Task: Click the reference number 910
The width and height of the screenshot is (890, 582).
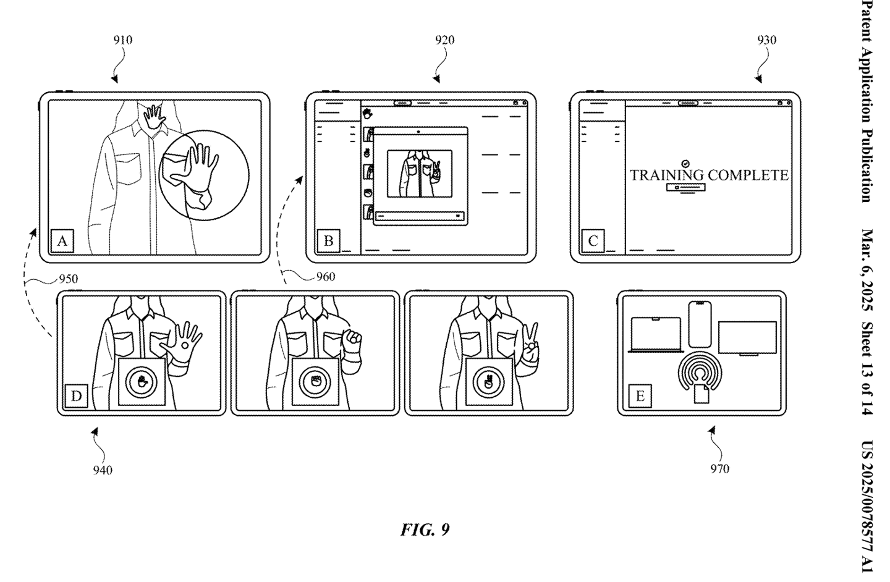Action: click(123, 40)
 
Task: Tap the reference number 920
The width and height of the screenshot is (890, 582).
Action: click(444, 40)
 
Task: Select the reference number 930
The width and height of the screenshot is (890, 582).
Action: click(766, 40)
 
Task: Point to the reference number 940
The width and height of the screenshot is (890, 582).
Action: click(103, 470)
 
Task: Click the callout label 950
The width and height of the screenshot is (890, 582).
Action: click(69, 279)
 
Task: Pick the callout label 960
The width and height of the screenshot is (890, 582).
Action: click(326, 277)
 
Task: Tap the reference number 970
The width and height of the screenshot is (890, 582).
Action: click(720, 469)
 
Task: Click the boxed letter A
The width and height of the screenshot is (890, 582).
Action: click(62, 241)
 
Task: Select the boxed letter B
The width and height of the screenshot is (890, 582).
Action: click(329, 241)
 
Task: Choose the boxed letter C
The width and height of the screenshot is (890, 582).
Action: click(593, 241)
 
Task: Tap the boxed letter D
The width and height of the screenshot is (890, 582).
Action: click(76, 396)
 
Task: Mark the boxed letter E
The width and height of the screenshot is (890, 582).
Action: click(640, 396)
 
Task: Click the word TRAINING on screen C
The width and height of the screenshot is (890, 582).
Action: click(667, 175)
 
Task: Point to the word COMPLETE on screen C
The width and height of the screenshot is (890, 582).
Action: click(748, 175)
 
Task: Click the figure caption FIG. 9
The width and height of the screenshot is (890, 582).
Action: click(425, 529)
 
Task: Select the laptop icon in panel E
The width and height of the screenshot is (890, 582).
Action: click(656, 334)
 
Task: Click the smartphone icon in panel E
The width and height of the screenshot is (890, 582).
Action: click(700, 324)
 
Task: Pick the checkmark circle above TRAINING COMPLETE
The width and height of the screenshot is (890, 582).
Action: click(685, 163)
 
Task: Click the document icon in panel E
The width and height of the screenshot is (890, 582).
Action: click(701, 394)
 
